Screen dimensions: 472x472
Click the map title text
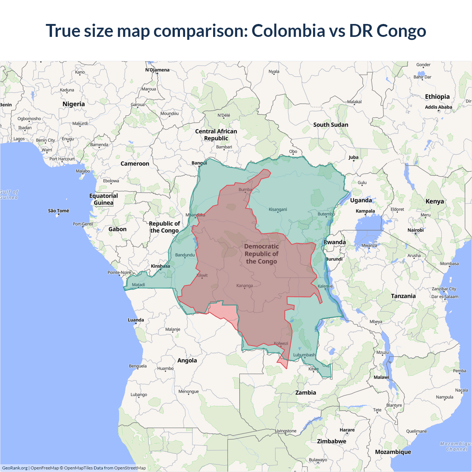236,31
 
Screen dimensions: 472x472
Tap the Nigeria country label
74,104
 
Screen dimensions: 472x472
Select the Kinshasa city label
160,266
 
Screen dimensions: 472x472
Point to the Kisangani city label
278,209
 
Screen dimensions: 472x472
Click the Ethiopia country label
437,97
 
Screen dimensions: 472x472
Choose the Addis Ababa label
438,107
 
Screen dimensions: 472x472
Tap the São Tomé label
59,211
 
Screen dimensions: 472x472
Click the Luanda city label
136,320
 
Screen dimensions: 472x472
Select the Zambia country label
306,392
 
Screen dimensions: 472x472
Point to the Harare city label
347,430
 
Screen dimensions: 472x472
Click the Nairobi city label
416,230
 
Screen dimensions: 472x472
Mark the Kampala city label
365,211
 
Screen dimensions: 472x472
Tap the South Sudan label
331,125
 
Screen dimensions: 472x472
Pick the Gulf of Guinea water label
9,195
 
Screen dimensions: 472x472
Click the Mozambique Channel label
456,446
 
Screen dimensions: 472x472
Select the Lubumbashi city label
304,355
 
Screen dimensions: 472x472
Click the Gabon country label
117,229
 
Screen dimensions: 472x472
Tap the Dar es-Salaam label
445,296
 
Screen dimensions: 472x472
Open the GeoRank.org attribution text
15,468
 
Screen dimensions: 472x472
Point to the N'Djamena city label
157,70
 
